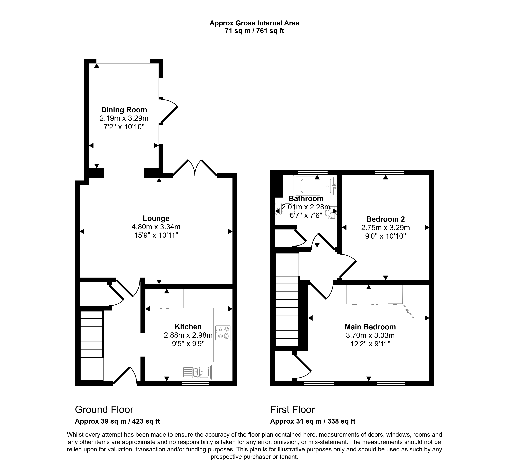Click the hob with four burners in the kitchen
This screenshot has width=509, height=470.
coord(223,333)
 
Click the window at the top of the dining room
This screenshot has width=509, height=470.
coord(123,61)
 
